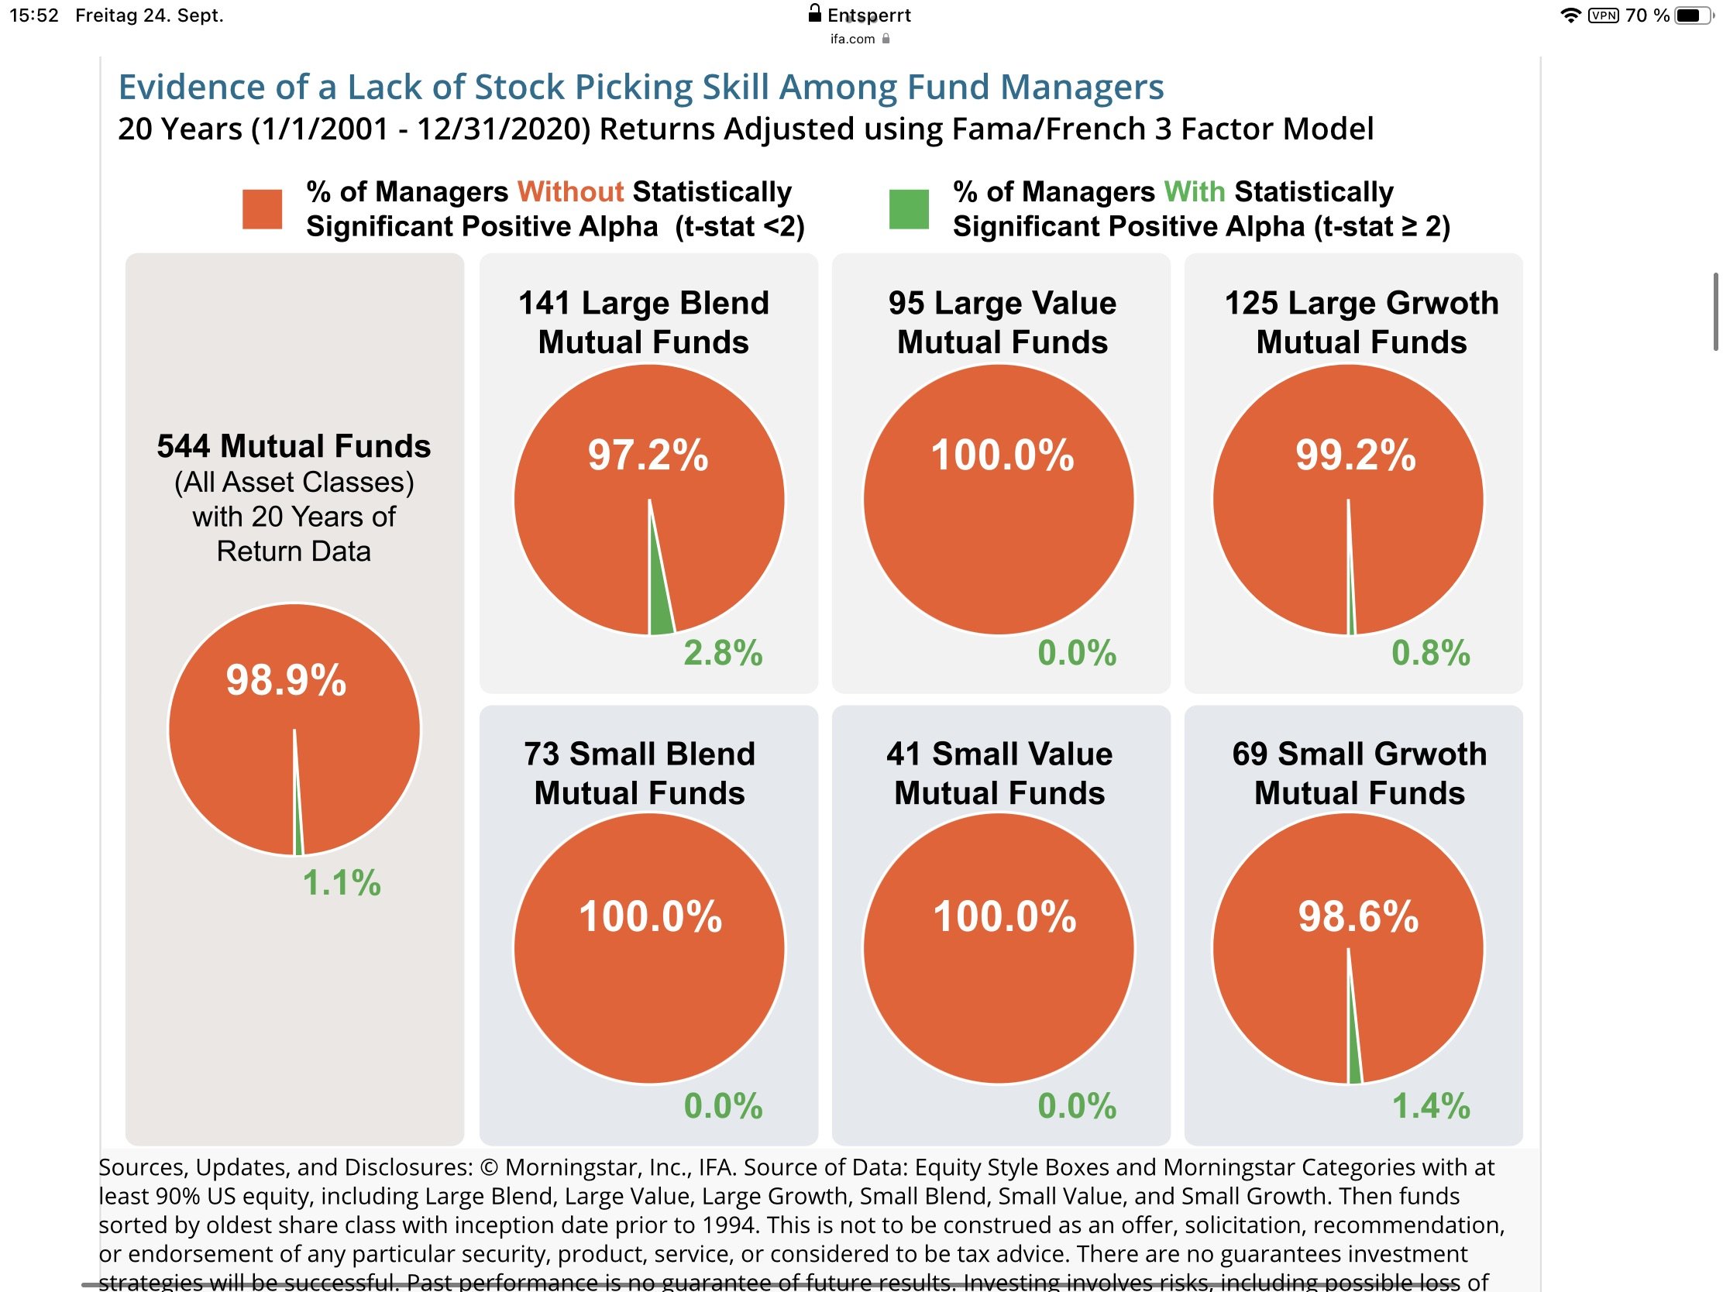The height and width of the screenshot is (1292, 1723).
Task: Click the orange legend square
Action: [x=262, y=208]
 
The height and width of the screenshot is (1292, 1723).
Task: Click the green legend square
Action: [x=908, y=208]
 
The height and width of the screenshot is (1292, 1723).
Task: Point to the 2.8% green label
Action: [x=723, y=653]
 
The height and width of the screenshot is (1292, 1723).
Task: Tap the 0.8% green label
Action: [x=1430, y=653]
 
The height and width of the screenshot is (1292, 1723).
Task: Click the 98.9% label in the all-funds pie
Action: [x=286, y=680]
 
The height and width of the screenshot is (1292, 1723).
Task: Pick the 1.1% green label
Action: [x=341, y=883]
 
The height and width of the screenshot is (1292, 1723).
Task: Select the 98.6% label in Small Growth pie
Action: [x=1357, y=916]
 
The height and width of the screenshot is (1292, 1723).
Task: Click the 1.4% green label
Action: [x=1430, y=1106]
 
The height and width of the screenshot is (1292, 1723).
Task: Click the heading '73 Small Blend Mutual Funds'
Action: [x=639, y=773]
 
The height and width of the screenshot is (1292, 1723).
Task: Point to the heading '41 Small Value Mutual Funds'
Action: [x=999, y=773]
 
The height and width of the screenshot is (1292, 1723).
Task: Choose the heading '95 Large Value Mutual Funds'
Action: [x=1002, y=322]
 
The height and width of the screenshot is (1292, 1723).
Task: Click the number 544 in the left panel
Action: [x=183, y=446]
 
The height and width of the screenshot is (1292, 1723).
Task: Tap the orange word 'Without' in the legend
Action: [x=570, y=191]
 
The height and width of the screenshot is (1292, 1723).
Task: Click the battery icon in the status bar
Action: [x=1692, y=15]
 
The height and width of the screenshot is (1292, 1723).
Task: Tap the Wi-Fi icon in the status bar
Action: [x=1571, y=15]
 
